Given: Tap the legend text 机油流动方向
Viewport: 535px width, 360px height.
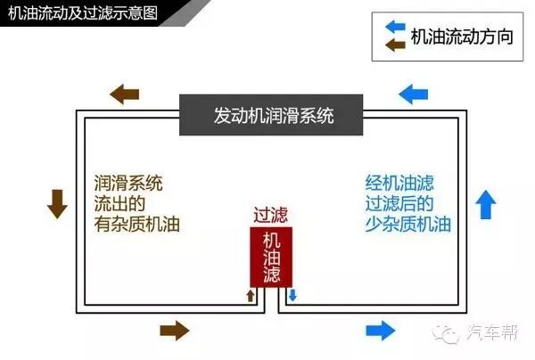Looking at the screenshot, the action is pyautogui.click(x=462, y=37).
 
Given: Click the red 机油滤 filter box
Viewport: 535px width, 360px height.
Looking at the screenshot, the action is pyautogui.click(x=272, y=256).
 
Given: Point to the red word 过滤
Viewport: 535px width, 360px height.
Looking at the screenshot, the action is pyautogui.click(x=271, y=215).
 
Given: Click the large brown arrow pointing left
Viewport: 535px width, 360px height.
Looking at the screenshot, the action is pyautogui.click(x=124, y=93).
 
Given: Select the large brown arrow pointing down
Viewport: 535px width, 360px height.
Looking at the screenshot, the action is pyautogui.click(x=57, y=204).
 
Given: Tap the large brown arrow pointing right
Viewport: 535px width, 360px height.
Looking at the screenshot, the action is pyautogui.click(x=175, y=331).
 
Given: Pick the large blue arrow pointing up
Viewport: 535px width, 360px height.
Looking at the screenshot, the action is pyautogui.click(x=486, y=204).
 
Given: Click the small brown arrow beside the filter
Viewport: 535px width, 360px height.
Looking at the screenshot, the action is pyautogui.click(x=251, y=295).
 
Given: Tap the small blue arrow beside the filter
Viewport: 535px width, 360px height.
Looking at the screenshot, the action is pyautogui.click(x=291, y=295).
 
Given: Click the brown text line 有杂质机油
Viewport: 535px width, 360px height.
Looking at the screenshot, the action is pyautogui.click(x=136, y=225).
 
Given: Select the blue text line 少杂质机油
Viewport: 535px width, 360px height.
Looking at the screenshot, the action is pyautogui.click(x=408, y=225).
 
